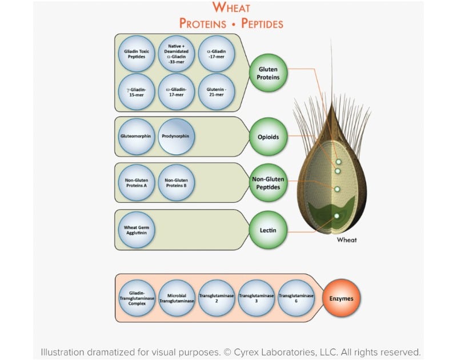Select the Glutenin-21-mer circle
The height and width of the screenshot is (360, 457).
click(217, 91)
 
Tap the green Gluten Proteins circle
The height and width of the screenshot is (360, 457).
click(268, 73)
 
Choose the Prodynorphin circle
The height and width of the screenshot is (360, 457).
click(177, 137)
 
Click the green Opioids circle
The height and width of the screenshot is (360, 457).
click(268, 137)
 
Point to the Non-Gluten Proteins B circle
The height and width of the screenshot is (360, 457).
click(177, 183)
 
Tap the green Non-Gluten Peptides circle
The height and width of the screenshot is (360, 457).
click(268, 183)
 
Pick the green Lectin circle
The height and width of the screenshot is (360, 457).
click(268, 230)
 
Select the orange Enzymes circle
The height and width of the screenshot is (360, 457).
click(342, 298)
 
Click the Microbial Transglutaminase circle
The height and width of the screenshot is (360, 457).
click(177, 298)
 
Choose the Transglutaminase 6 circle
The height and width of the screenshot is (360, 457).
click(296, 298)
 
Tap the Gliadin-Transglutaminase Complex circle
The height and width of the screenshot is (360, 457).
click(137, 298)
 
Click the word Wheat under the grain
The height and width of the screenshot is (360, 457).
click(347, 240)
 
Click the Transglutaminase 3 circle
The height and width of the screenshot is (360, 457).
click(256, 298)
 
